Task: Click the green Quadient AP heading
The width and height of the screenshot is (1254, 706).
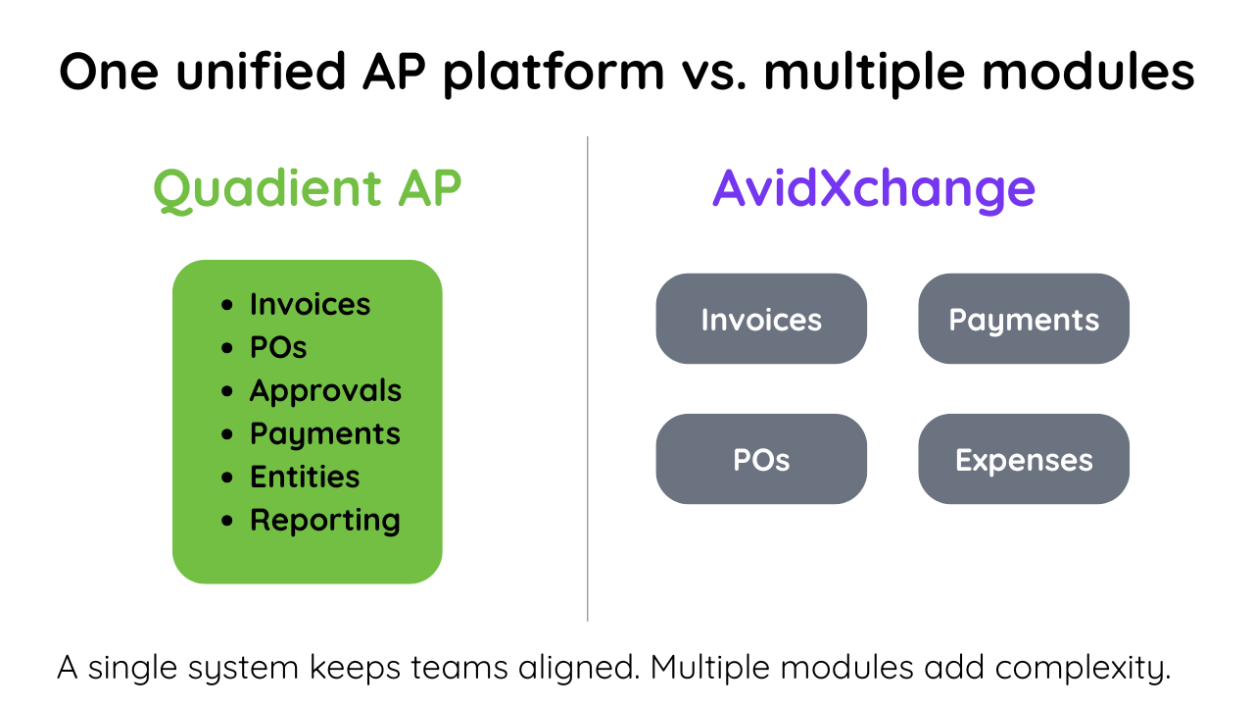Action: pyautogui.click(x=307, y=188)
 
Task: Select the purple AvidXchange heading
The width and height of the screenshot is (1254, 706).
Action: pyautogui.click(x=873, y=188)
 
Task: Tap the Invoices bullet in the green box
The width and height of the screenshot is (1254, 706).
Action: pyautogui.click(x=310, y=304)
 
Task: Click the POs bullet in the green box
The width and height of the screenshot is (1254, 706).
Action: pyautogui.click(x=278, y=347)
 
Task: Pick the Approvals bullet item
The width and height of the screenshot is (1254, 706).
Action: pyautogui.click(x=325, y=390)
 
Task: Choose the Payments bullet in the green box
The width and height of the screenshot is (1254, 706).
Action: pyautogui.click(x=324, y=433)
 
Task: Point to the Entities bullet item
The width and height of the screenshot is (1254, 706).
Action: pyautogui.click(x=305, y=477)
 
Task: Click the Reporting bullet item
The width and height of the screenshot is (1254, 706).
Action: pyautogui.click(x=324, y=520)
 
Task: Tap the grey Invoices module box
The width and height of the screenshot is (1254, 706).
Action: pyautogui.click(x=761, y=319)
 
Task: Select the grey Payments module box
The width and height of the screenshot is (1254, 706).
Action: pyautogui.click(x=1024, y=319)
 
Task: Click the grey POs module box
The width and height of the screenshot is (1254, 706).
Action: pyautogui.click(x=761, y=459)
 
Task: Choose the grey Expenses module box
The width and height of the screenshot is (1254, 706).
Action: pyautogui.click(x=1024, y=459)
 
